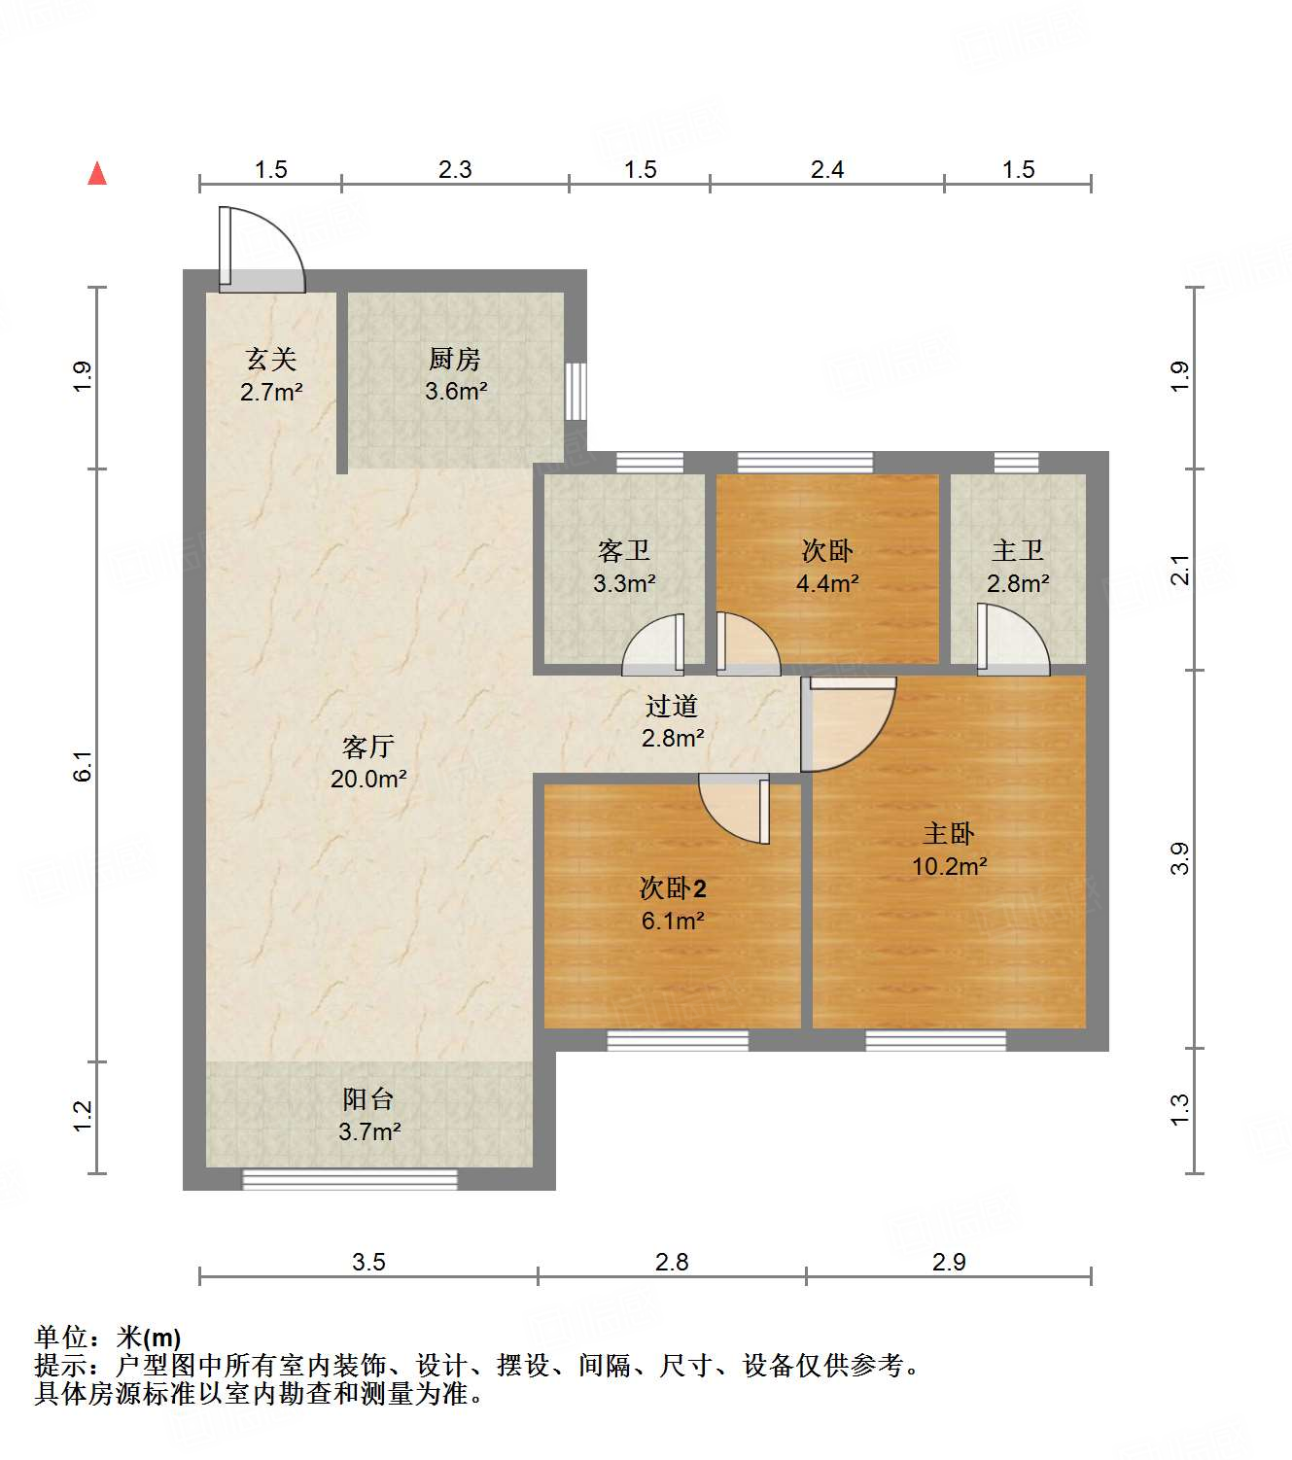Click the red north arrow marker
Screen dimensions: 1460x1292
(x=97, y=174)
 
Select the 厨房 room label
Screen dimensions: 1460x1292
(x=455, y=360)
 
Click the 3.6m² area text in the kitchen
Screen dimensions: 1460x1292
(x=456, y=392)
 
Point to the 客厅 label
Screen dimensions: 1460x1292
(x=368, y=747)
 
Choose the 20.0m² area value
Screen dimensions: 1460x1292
(x=368, y=779)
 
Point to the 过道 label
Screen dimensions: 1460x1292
(x=672, y=706)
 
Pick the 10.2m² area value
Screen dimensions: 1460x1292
(x=949, y=866)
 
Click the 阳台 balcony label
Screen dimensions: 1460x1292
(x=368, y=1099)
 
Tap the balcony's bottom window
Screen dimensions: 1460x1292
(x=349, y=1180)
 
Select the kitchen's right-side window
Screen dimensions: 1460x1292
(x=576, y=392)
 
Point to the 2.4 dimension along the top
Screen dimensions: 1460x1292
(x=827, y=170)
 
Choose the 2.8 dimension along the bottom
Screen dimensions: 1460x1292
(x=672, y=1263)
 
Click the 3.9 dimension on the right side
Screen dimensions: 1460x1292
(x=1179, y=858)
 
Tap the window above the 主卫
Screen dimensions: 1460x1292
(x=1016, y=462)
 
